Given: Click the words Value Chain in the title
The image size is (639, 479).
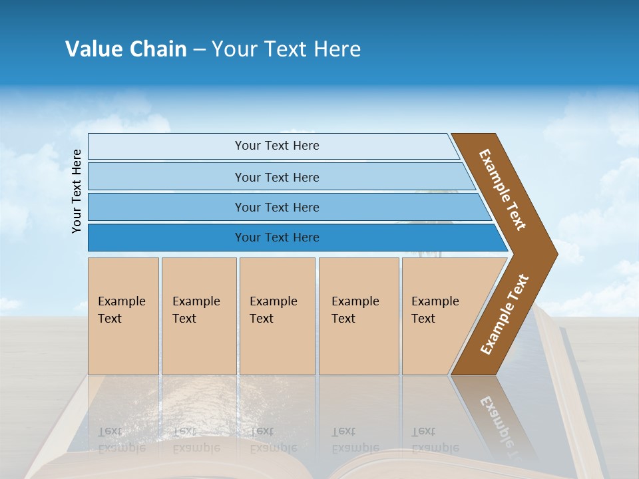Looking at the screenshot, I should [126, 49].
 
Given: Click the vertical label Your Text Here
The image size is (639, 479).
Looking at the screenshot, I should [77, 191].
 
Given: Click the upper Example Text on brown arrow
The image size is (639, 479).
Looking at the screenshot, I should [503, 190].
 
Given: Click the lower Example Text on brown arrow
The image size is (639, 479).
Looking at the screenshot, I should [505, 315].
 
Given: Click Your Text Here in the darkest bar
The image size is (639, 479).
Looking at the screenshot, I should [277, 238].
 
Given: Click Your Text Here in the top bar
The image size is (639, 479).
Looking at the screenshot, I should [277, 146].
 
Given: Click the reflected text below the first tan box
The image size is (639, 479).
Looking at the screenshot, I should [122, 440].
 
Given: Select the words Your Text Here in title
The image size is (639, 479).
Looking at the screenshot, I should [286, 49].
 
